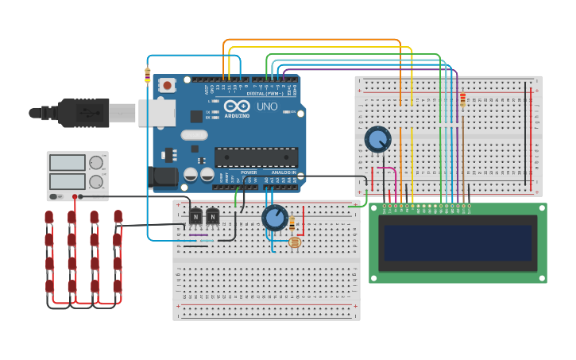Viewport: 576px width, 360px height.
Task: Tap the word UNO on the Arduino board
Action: (267, 106)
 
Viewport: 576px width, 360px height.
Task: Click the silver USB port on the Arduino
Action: (157, 112)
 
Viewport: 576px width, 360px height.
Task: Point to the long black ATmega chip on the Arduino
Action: (256, 157)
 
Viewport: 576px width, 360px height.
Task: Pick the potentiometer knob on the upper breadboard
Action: (377, 139)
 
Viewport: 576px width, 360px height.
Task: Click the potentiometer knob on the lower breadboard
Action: (274, 217)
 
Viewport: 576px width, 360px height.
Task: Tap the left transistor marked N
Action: (195, 216)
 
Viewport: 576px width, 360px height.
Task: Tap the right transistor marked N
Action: (213, 216)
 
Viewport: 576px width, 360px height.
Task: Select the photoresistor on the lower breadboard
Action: (295, 242)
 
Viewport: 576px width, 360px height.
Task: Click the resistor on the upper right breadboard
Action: (463, 100)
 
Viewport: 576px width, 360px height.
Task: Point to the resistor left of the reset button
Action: (147, 75)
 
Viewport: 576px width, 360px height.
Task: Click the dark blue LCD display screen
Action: (456, 242)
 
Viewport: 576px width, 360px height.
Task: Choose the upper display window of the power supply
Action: (68, 163)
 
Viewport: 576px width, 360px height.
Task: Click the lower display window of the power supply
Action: (68, 181)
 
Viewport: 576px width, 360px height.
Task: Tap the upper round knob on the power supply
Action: (96, 163)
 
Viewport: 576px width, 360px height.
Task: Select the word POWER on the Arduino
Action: (249, 172)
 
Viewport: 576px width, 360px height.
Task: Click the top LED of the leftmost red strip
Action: (49, 216)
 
